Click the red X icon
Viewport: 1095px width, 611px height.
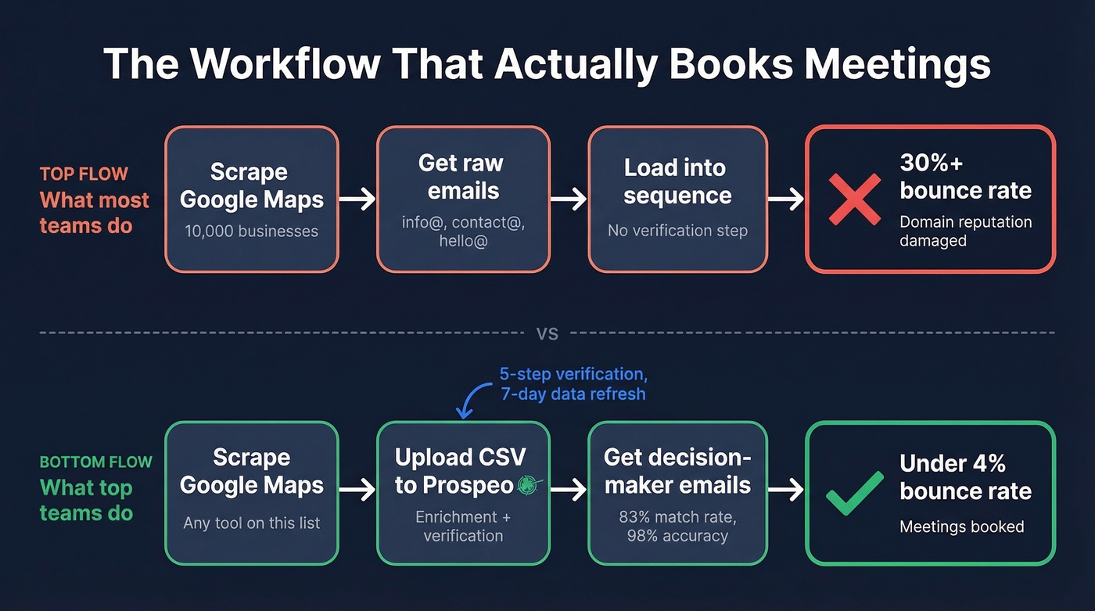click(854, 200)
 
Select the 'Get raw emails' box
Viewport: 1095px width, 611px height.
click(463, 199)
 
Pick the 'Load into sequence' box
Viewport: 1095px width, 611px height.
click(677, 199)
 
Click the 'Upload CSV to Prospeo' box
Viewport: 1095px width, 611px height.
click(463, 493)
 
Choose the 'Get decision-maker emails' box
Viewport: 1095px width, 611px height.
click(677, 493)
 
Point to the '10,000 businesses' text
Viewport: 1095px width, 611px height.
click(251, 232)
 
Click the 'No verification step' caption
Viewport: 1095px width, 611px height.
click(677, 231)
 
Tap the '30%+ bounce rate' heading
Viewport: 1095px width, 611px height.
click(965, 177)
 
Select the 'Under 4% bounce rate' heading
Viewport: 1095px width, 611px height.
click(965, 477)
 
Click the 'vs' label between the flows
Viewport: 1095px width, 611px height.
click(547, 333)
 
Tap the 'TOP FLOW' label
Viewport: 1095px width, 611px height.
click(84, 174)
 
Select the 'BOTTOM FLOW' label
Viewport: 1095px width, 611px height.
click(95, 462)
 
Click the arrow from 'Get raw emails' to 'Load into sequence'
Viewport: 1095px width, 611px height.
click(569, 199)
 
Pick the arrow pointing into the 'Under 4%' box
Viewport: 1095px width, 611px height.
click(785, 491)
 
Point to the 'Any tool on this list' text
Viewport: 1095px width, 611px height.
click(251, 523)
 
